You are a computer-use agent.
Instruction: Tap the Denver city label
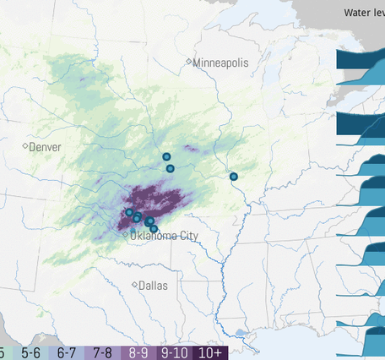click(45, 147)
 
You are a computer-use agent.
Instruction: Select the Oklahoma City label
click(165, 235)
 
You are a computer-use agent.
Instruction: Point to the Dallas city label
click(153, 286)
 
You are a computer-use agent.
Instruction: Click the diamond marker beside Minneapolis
click(189, 63)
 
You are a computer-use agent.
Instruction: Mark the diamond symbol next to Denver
click(24, 147)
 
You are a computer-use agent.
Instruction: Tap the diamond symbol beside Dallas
click(135, 285)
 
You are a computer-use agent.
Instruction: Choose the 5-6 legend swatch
click(31, 352)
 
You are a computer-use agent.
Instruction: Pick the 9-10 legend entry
click(176, 352)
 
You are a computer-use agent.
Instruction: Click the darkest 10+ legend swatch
click(211, 352)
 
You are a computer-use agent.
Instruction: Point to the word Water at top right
click(355, 12)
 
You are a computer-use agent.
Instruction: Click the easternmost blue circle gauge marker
click(234, 177)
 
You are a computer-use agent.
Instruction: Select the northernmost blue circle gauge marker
click(166, 156)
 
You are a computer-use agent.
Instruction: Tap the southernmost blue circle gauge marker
click(154, 229)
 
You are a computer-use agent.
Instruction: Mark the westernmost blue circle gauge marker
click(129, 212)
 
